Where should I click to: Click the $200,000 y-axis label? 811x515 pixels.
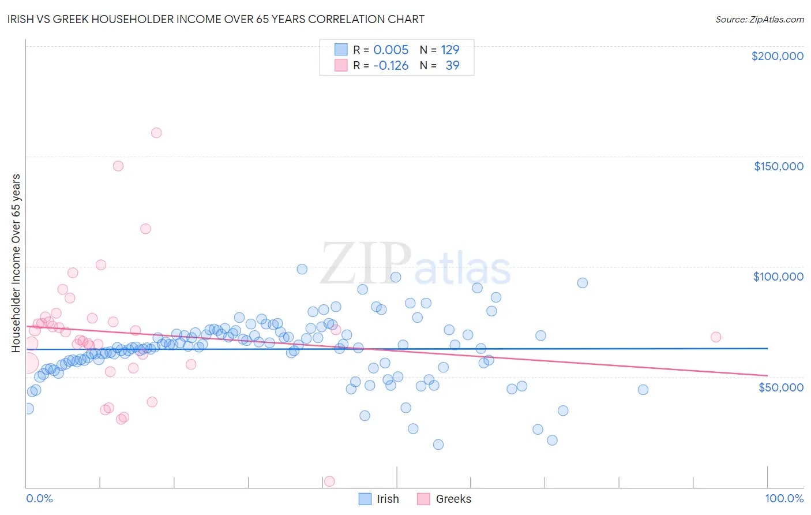(777, 56)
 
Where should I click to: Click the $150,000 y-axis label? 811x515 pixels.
(778, 166)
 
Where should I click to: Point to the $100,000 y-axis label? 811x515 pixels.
(778, 277)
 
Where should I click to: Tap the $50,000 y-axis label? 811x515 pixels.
(780, 387)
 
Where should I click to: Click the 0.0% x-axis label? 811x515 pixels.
(39, 498)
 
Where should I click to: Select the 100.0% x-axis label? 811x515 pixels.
(784, 498)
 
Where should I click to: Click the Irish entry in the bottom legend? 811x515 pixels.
(388, 499)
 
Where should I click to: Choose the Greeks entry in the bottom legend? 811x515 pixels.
(453, 499)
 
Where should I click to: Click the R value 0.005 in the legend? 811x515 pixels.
(391, 50)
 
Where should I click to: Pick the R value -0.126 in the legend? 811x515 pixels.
(391, 66)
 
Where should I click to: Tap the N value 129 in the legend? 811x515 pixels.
(450, 50)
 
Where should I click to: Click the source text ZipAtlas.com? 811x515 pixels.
(759, 20)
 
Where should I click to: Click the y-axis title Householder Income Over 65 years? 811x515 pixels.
(16, 263)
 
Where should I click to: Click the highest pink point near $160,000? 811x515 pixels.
(156, 133)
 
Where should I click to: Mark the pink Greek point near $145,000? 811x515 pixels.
(118, 166)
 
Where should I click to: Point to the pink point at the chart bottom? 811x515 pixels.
(329, 481)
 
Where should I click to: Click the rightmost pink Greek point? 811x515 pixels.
(716, 337)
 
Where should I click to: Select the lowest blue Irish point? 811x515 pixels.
(438, 445)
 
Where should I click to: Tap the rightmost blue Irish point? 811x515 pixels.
(643, 390)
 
